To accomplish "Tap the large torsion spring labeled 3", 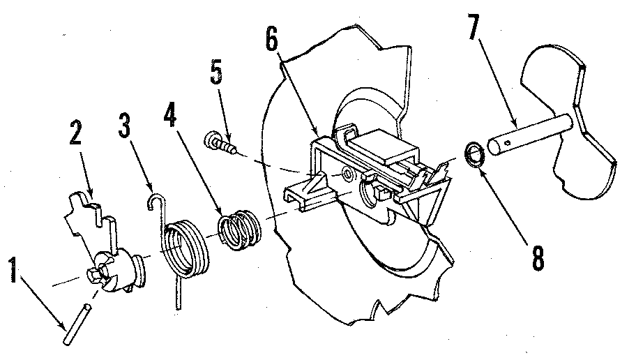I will pyautogui.click(x=185, y=248).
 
